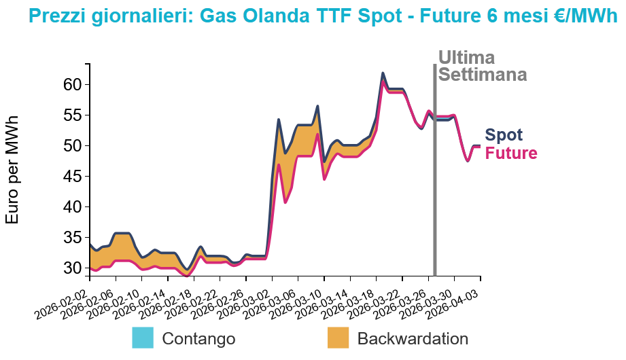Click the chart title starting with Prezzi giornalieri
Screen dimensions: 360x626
coord(313,16)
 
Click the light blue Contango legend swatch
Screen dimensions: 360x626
coord(143,338)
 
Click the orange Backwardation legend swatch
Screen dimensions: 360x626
coord(338,338)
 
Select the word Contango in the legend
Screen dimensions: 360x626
coord(198,338)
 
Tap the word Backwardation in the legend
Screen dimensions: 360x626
coord(413,338)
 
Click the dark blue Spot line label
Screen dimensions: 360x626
coord(504,135)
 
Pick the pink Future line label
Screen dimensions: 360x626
coord(510,154)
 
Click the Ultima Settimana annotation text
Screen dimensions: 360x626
coord(483,66)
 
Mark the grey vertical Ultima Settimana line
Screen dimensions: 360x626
coord(434,170)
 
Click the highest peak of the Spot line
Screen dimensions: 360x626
coord(383,73)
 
